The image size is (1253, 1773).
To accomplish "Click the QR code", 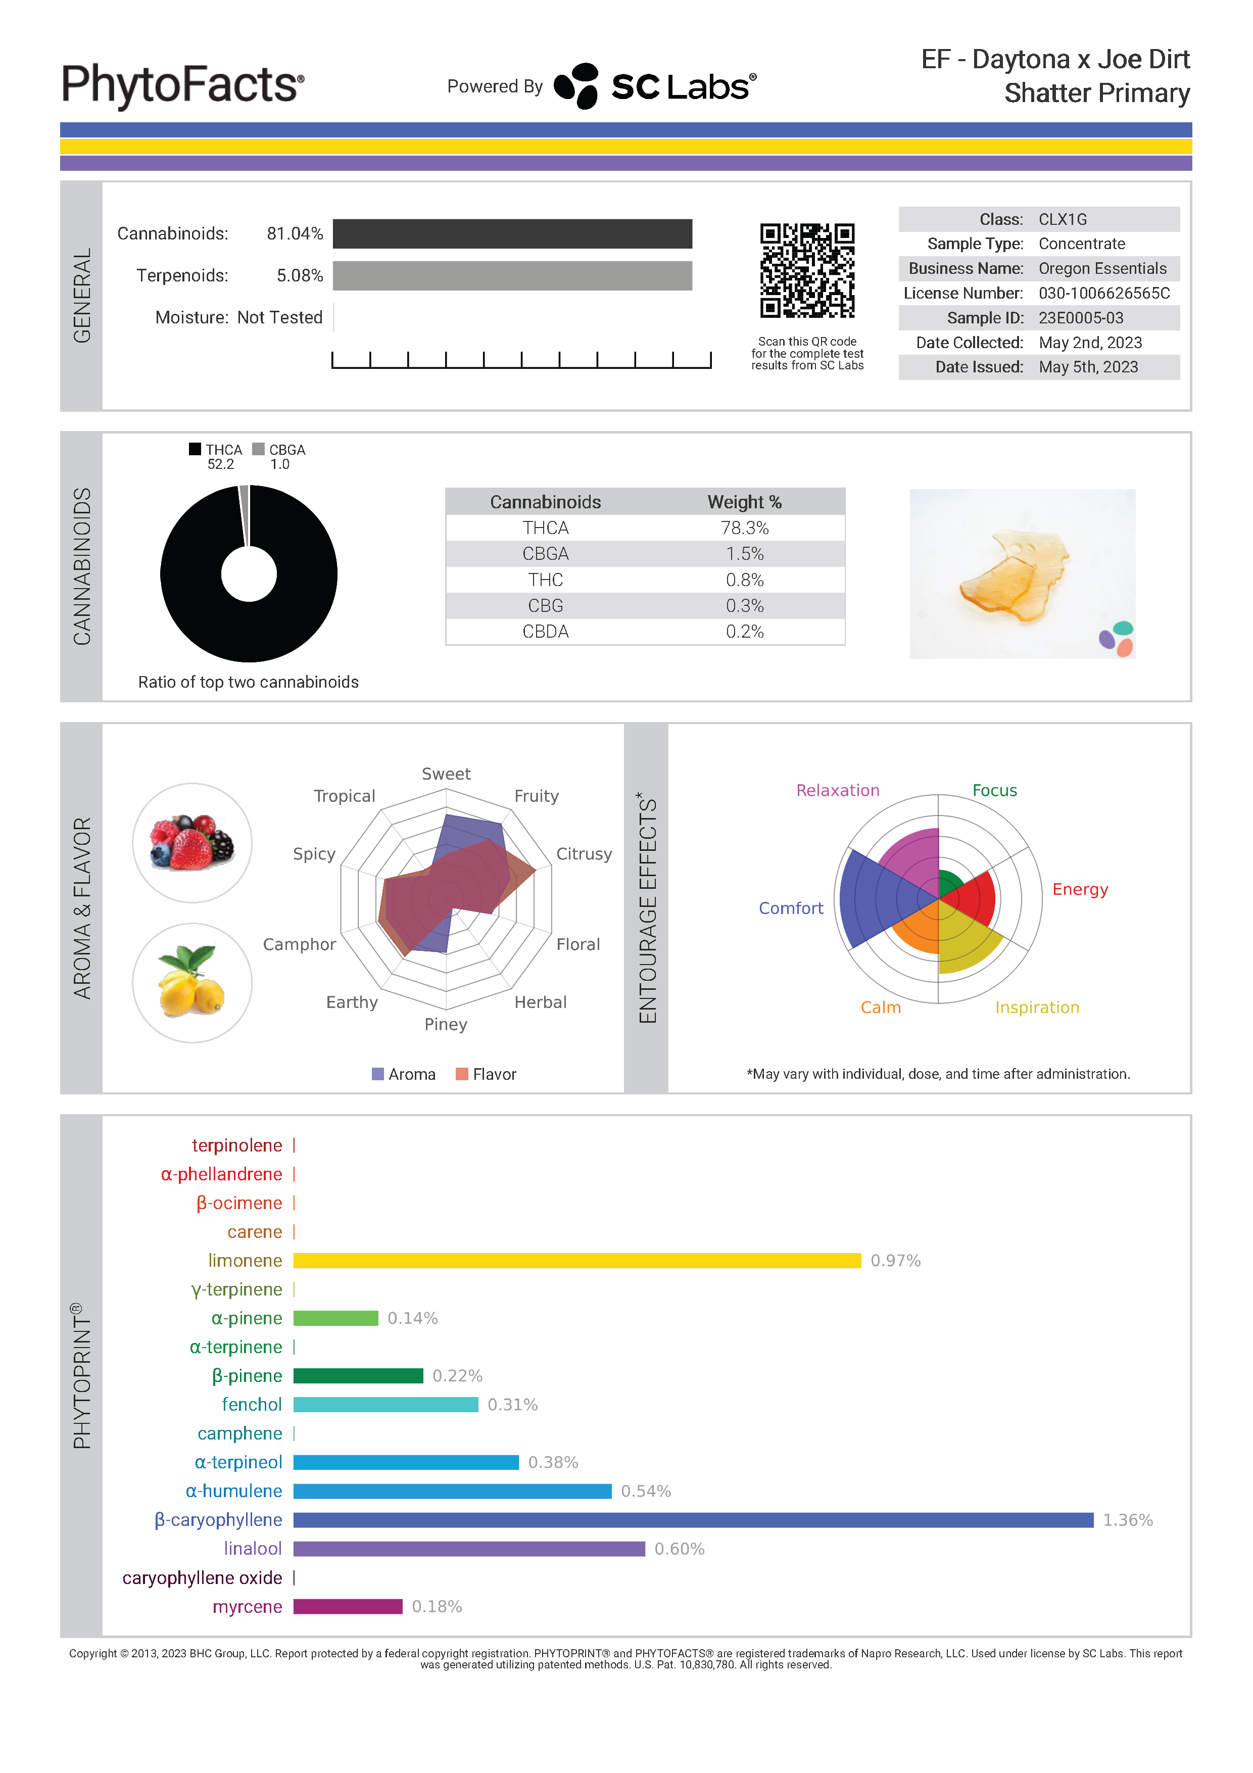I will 807,270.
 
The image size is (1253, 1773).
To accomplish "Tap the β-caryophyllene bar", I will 693,1520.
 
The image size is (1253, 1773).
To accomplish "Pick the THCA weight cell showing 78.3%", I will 744,528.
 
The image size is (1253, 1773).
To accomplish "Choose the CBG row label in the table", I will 545,606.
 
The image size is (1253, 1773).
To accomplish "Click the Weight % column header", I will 744,502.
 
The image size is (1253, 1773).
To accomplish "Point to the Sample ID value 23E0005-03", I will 1080,318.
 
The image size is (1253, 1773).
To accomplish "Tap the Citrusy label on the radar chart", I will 584,854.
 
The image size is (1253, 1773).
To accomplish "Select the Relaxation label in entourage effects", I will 838,790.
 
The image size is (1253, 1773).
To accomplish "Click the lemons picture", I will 192,983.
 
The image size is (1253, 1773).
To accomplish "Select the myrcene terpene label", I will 247,1607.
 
